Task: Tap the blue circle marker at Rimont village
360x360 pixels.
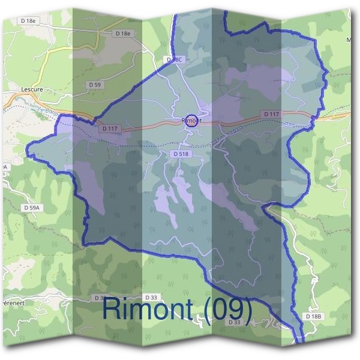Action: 191,121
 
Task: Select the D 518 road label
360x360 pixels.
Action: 180,154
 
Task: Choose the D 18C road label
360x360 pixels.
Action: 173,60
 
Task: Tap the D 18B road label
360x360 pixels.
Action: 314,316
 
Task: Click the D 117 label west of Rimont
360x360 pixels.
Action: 111,128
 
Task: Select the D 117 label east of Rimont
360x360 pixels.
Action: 271,113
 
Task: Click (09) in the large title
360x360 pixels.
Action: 224,309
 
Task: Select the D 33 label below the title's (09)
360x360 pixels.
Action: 235,322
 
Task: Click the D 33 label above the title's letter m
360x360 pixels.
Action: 151,297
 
